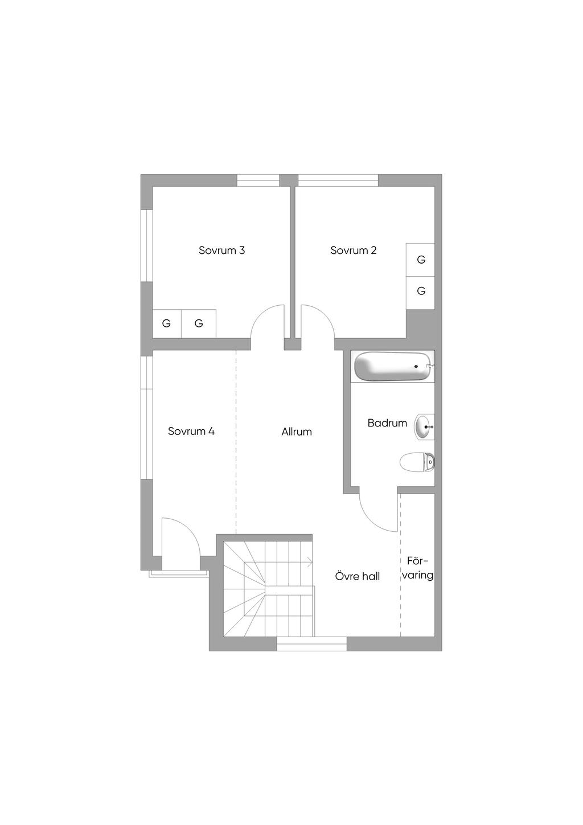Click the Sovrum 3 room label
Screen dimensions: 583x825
(x=221, y=251)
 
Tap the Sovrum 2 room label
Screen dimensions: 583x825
(x=353, y=251)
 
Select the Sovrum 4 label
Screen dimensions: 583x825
(x=191, y=431)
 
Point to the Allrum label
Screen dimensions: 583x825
(x=297, y=432)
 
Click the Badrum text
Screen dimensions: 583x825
(x=387, y=423)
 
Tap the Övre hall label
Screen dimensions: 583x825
(x=357, y=576)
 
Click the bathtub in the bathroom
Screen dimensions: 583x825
(x=393, y=367)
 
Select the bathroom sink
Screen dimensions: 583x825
(x=425, y=427)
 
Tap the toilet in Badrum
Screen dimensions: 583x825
(x=417, y=462)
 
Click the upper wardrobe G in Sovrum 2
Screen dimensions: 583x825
(x=421, y=260)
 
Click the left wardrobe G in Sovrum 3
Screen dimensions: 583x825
(x=167, y=323)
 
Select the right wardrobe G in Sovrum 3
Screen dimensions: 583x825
(x=199, y=323)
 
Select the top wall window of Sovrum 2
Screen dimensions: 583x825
(x=338, y=180)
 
